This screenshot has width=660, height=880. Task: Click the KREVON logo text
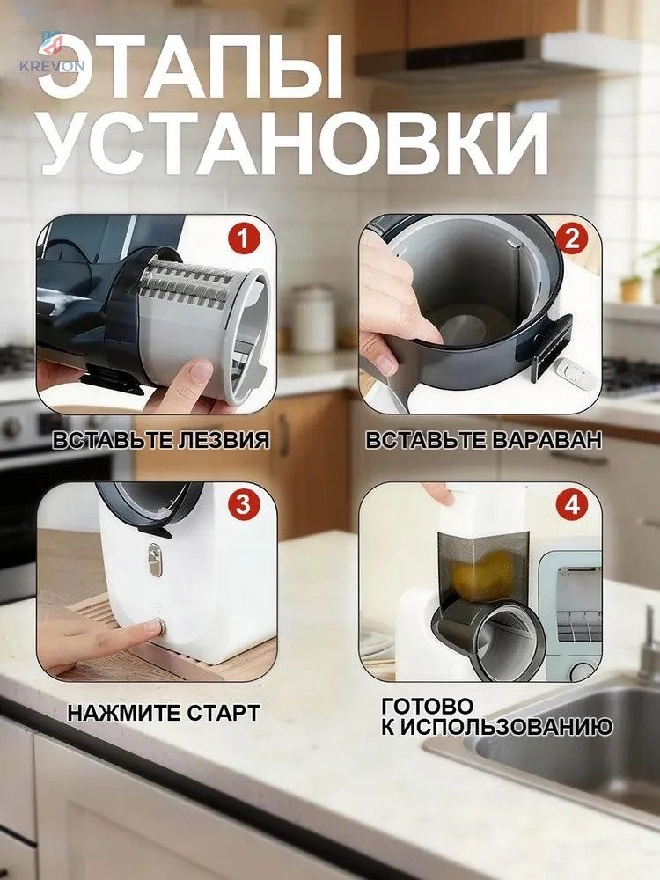click(x=52, y=66)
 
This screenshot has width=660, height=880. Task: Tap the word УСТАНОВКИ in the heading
click(x=295, y=143)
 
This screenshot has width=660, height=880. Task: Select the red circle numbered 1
click(x=244, y=239)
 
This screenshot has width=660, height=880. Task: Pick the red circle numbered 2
click(x=571, y=239)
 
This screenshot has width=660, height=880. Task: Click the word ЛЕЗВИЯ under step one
click(x=224, y=439)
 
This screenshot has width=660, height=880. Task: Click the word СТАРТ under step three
click(x=224, y=713)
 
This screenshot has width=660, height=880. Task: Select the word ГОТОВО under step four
click(x=428, y=706)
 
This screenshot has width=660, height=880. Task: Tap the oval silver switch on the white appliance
click(x=155, y=559)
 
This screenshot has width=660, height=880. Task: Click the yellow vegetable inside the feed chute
click(x=482, y=574)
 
